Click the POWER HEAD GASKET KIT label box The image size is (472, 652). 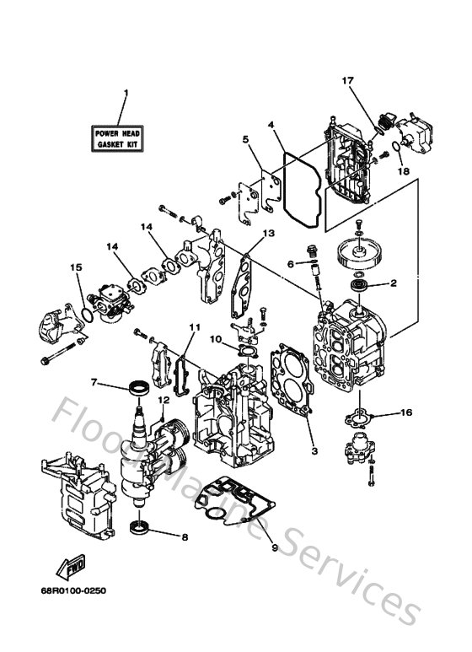118,138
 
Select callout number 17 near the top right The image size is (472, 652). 346,81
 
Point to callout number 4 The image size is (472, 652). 245,139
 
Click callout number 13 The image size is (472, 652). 267,233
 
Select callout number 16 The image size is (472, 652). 406,413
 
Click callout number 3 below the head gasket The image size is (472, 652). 314,451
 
